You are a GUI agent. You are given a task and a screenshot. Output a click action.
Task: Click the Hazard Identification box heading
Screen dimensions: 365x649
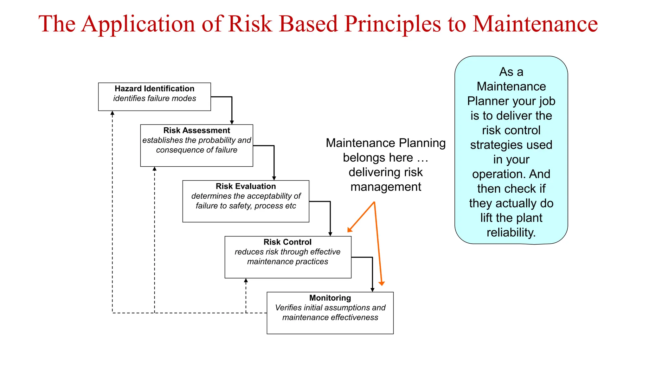[154, 89]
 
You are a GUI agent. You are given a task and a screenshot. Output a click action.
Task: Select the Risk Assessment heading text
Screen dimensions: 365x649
[196, 131]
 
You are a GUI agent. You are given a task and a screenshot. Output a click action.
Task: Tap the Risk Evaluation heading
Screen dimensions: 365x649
[246, 186]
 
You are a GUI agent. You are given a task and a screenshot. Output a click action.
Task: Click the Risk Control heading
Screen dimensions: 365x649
[287, 242]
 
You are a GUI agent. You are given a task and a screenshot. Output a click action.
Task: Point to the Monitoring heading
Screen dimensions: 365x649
[330, 298]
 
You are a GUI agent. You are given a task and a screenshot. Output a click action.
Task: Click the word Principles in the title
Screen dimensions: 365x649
[392, 24]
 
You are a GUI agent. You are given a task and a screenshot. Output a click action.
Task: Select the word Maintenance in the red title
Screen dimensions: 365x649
[535, 24]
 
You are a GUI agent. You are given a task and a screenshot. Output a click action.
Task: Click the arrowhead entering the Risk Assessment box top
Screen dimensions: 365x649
[232, 122]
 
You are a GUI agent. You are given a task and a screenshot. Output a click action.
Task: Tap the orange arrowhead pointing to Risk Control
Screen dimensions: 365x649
[350, 230]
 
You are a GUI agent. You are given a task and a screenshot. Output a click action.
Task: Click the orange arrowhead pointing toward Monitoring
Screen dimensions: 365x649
[382, 283]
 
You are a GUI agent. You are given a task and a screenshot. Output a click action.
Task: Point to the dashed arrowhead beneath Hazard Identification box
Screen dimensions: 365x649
[112, 113]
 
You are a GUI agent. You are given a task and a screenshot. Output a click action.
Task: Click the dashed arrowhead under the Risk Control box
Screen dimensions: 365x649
[246, 280]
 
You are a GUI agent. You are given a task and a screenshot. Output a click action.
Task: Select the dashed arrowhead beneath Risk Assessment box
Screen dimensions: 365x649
[154, 169]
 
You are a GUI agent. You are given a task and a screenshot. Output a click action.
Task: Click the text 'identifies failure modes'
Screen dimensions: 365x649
[154, 99]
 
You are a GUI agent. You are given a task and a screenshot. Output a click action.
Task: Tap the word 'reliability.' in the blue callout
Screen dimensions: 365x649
[511, 233]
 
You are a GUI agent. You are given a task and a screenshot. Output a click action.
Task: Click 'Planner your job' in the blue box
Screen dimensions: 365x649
[511, 101]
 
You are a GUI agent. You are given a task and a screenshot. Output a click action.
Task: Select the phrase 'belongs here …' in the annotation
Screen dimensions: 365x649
[385, 158]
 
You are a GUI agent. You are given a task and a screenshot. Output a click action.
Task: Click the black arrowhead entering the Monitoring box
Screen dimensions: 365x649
[372, 290]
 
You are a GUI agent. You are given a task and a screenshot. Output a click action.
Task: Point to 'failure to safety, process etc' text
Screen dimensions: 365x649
[246, 206]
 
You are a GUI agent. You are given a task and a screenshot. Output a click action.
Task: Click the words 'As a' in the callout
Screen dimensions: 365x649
[511, 72]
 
